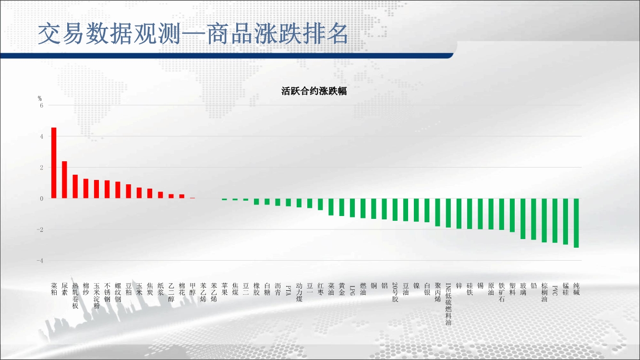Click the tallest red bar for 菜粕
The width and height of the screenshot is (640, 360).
coord(54,163)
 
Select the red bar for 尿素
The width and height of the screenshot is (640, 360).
coord(64,180)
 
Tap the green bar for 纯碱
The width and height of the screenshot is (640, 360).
coord(576,223)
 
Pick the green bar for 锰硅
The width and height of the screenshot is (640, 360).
coord(566,222)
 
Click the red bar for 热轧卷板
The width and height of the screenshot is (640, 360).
coord(75,187)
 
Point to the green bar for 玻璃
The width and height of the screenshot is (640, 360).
coord(523,219)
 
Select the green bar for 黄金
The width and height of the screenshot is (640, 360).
coord(342,207)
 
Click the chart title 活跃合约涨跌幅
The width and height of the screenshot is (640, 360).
coord(314,91)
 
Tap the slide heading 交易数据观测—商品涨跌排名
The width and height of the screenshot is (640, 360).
coord(193,34)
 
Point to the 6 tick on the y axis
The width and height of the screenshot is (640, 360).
coord(42,106)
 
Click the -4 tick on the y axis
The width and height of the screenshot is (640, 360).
coord(40,261)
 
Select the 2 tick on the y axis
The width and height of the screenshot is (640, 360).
coord(42,168)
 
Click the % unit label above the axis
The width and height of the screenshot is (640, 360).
coord(40,98)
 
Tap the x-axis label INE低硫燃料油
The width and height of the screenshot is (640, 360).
coord(448,304)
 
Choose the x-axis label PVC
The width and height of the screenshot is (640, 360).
coord(555,290)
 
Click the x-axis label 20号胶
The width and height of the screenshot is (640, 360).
coord(395,292)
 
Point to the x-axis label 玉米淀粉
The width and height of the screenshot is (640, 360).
coord(97,296)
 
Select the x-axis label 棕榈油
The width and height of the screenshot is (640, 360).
coord(544,292)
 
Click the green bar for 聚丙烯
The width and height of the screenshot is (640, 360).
coord(438,213)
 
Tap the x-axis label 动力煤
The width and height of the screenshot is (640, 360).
coord(299,292)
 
